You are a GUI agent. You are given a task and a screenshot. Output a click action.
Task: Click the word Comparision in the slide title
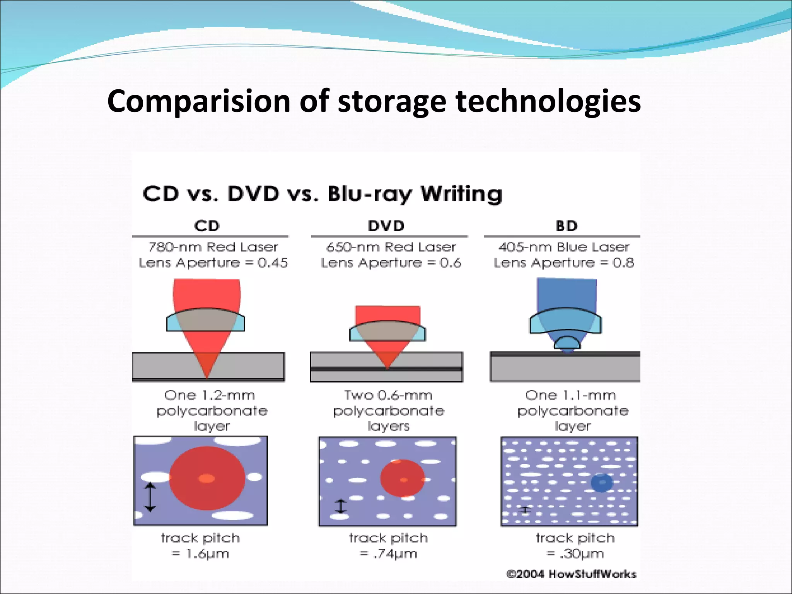click(x=198, y=101)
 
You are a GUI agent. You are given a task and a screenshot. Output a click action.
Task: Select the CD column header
click(x=207, y=226)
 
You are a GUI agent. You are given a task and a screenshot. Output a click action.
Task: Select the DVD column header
click(x=386, y=226)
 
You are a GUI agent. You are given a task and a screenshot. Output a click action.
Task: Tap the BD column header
click(x=567, y=226)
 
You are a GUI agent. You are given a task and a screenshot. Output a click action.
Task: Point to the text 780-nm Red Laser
click(x=213, y=247)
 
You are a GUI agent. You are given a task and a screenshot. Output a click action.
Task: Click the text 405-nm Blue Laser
click(x=564, y=247)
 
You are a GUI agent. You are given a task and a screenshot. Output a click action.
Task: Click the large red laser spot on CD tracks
click(x=207, y=478)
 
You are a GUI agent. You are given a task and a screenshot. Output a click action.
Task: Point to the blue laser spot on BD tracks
click(x=601, y=482)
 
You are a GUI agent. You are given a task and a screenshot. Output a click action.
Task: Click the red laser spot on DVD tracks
click(x=403, y=478)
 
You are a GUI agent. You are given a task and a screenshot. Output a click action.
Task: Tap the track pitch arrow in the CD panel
click(x=150, y=497)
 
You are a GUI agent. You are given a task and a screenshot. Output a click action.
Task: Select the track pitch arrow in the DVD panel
click(x=340, y=506)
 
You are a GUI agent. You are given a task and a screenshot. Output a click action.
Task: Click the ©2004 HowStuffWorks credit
click(x=571, y=574)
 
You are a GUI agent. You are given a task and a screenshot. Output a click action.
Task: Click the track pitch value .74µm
click(x=395, y=554)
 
